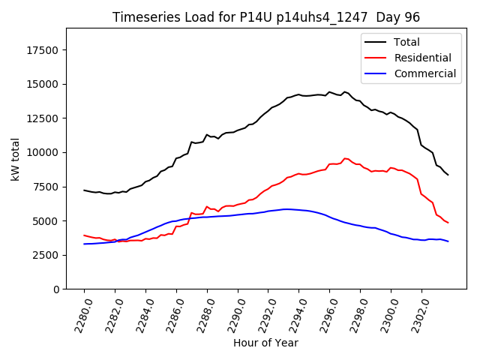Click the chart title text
(x=266, y=17)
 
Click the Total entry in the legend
(x=406, y=42)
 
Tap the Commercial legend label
(x=424, y=73)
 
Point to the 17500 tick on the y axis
(x=43, y=50)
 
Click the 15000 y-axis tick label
(x=43, y=84)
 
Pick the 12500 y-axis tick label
(x=43, y=118)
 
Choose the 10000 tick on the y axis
(x=43, y=152)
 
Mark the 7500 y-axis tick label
(x=46, y=187)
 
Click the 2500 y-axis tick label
(x=46, y=255)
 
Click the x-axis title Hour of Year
(x=265, y=343)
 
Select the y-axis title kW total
(x=15, y=158)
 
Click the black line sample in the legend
(x=376, y=42)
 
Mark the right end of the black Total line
(x=448, y=175)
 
